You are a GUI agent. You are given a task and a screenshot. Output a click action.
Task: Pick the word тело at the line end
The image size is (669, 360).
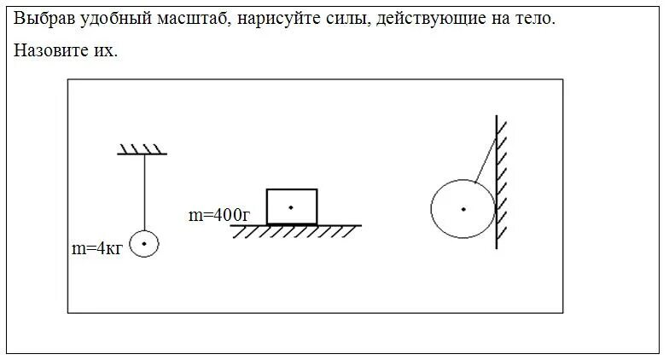tap(537, 18)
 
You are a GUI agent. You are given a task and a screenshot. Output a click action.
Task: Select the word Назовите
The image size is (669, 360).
tap(48, 50)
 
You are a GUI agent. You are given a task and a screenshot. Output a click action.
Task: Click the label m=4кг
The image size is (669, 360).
tap(98, 249)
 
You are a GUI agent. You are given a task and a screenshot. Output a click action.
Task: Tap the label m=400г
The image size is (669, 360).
tap(218, 216)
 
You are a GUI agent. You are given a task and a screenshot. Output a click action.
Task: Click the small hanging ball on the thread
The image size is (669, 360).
tap(144, 244)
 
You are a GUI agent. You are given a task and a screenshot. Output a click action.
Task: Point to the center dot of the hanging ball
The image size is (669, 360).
tap(144, 244)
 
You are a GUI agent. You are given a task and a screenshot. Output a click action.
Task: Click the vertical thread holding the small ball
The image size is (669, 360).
tap(144, 192)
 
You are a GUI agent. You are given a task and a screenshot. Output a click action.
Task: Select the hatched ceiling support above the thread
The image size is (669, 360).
tap(142, 150)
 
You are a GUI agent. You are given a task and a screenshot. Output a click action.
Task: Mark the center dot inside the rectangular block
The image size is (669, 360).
tap(291, 207)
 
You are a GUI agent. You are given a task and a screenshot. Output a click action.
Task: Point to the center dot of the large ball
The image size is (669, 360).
tap(463, 209)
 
